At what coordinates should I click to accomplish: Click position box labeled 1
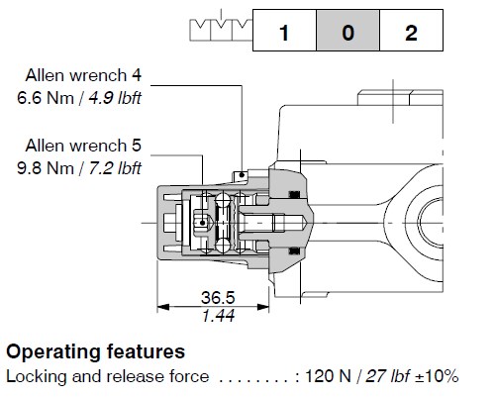click(284, 31)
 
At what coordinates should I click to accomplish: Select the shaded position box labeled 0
click(348, 31)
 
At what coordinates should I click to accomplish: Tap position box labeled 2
click(411, 31)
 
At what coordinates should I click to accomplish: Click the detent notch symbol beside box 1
click(221, 30)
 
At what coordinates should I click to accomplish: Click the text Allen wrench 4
click(83, 75)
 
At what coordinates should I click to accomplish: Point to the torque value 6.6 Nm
click(46, 98)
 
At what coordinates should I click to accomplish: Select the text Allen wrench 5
click(83, 146)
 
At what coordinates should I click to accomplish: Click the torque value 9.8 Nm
click(46, 168)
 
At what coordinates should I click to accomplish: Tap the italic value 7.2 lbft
click(115, 168)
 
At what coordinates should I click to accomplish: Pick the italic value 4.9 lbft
click(115, 98)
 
